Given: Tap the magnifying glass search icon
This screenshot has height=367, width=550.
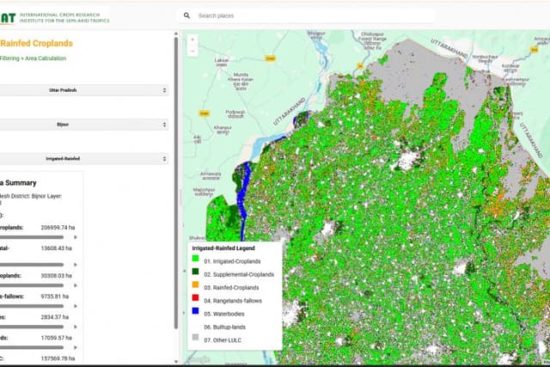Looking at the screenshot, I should click(186, 15).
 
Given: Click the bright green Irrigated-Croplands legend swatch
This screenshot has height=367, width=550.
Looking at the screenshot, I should click(195, 260).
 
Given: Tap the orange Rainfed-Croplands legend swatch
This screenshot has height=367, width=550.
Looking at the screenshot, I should click(195, 287).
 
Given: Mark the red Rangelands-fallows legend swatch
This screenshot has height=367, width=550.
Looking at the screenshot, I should click(195, 300).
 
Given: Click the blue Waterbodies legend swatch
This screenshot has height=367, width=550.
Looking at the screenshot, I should click(195, 314).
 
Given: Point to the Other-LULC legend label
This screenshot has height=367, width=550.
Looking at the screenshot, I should click(225, 340).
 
